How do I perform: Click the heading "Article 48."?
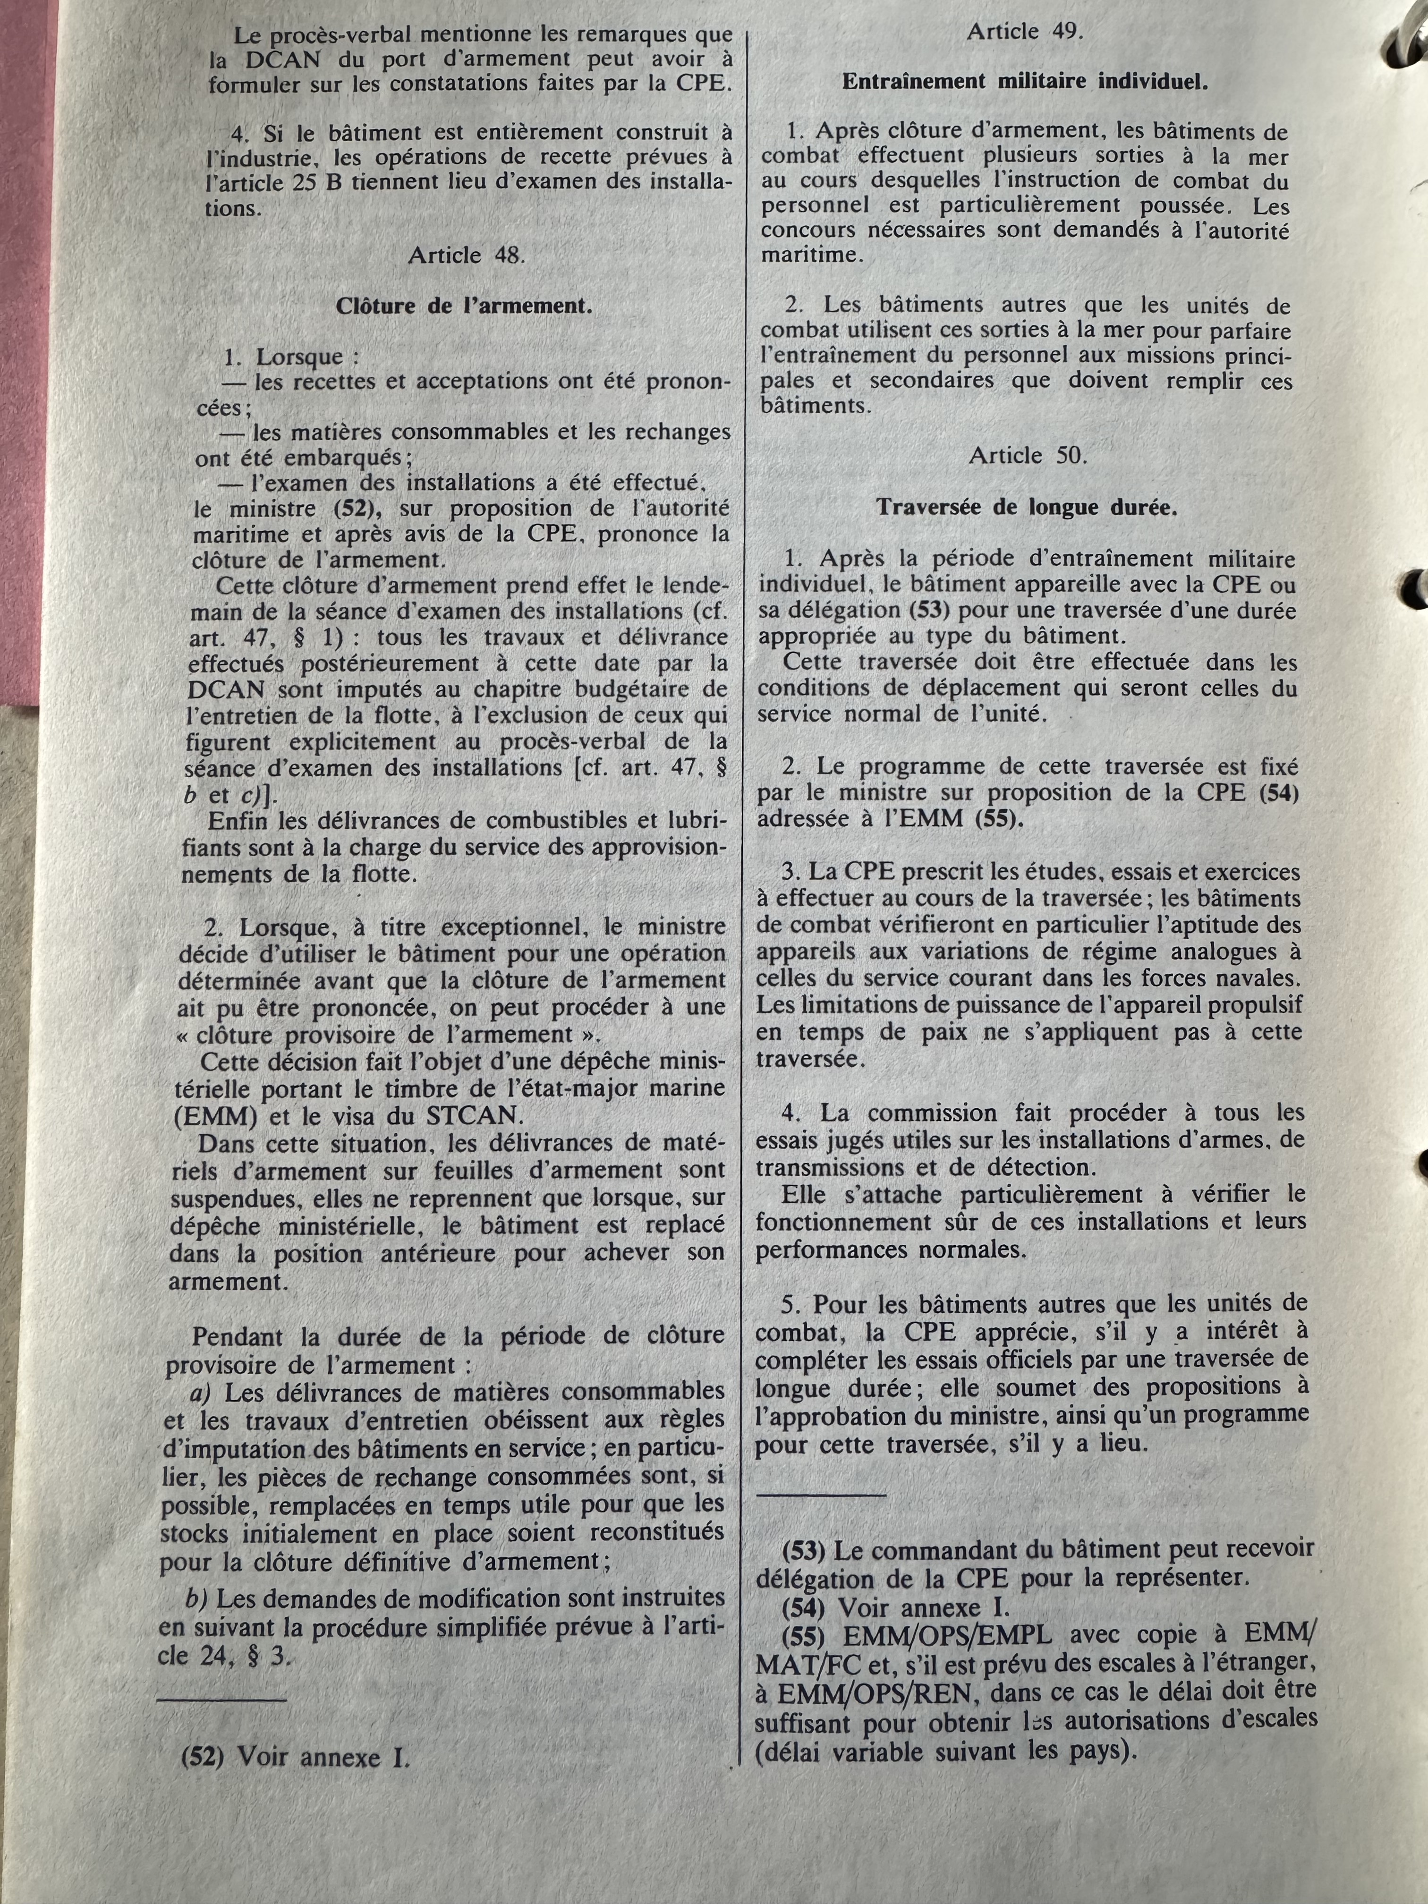tap(466, 255)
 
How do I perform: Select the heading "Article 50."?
tap(1028, 455)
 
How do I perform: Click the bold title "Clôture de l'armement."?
tap(463, 306)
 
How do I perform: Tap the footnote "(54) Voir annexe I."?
tap(895, 1608)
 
